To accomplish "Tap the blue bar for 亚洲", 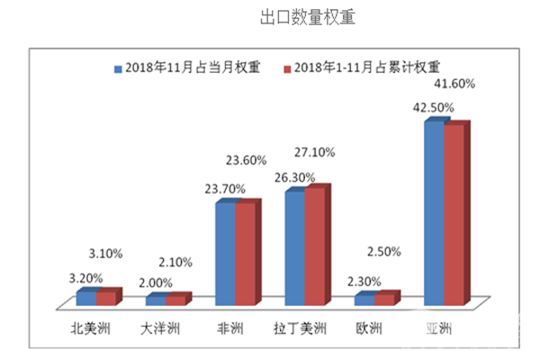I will (x=434, y=211).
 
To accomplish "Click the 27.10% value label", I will (x=316, y=153).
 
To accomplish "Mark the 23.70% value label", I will (x=225, y=189).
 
